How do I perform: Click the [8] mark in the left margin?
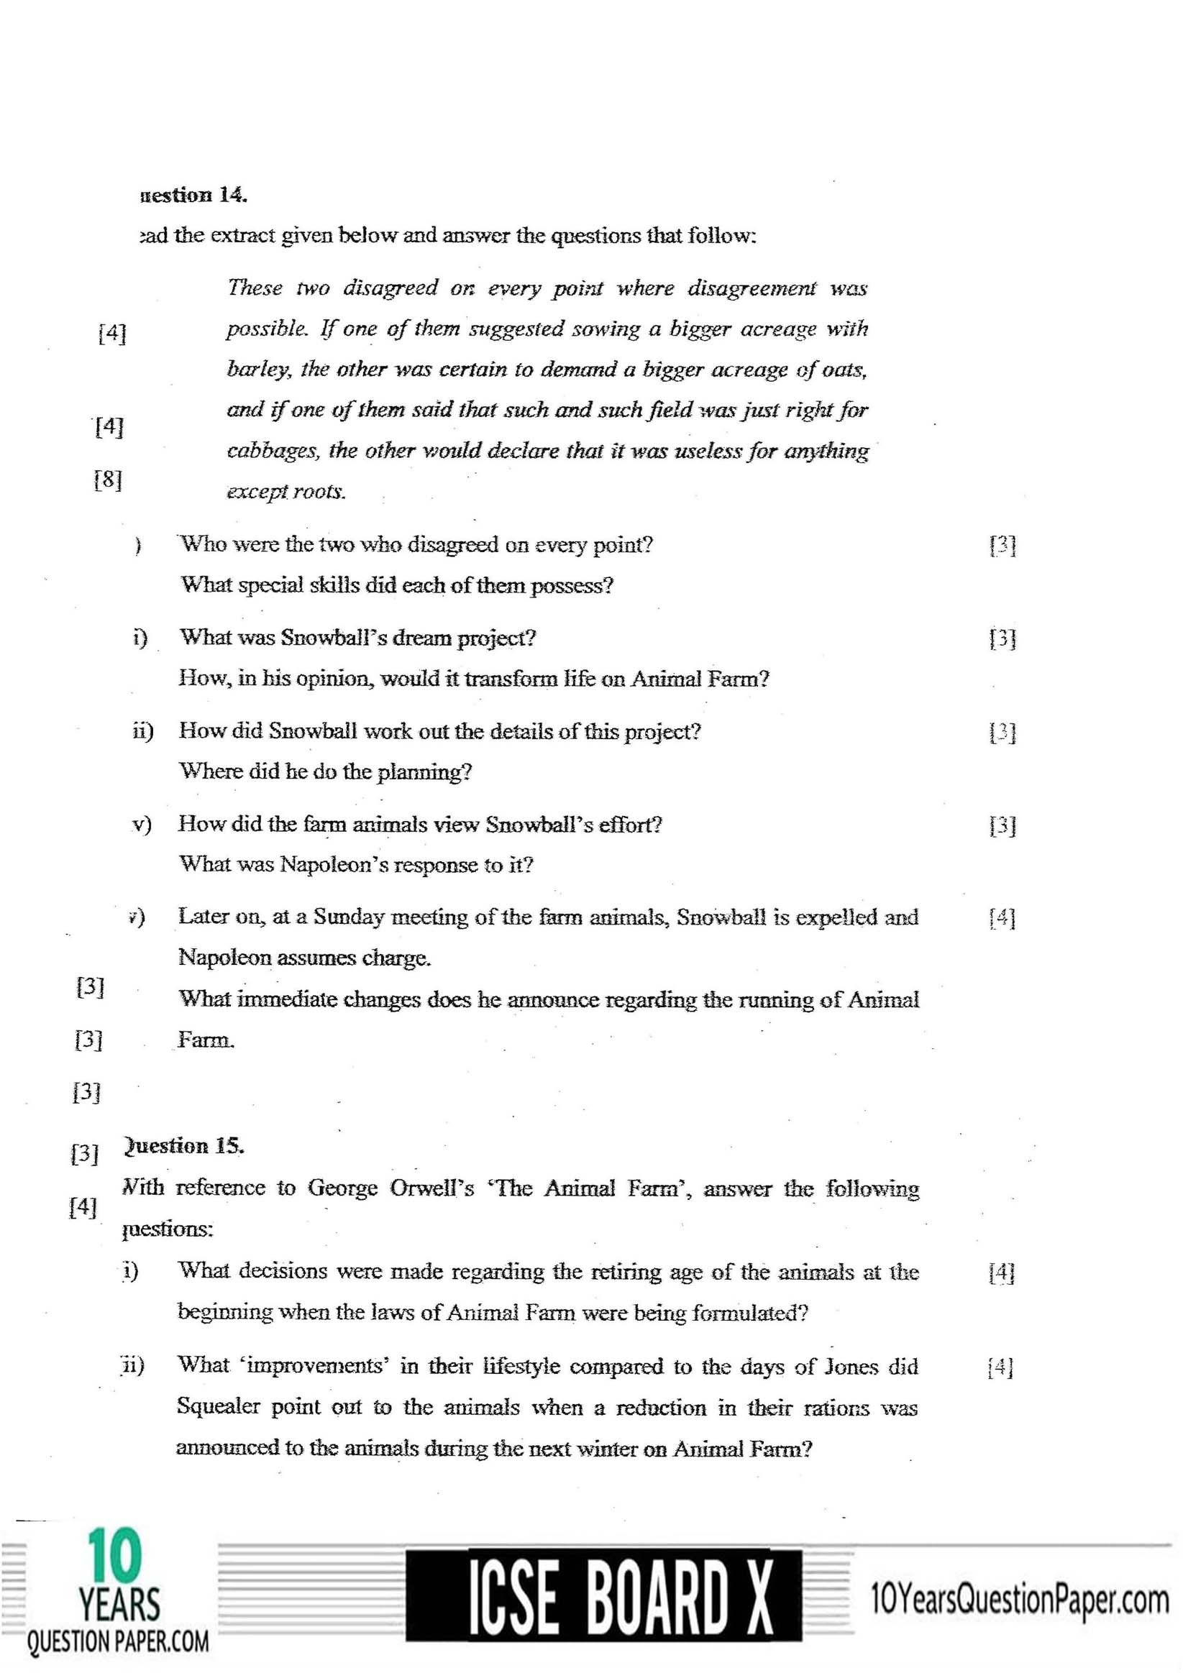[x=108, y=480]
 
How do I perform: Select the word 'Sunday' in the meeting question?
[x=348, y=917]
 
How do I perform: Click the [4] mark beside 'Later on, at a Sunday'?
[x=1002, y=919]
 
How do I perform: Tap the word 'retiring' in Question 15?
[x=622, y=1273]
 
